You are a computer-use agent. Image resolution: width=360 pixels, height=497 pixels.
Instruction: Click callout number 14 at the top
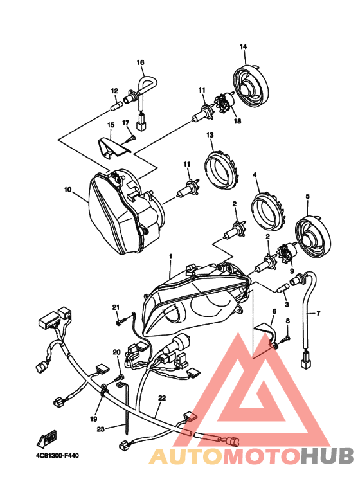[243, 46]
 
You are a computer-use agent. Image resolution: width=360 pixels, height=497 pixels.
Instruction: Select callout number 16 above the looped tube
[140, 62]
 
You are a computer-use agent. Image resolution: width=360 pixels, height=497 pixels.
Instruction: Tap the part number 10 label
[67, 190]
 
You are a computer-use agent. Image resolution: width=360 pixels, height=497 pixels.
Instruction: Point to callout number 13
[210, 135]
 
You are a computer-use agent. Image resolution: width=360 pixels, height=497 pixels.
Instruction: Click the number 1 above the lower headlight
[170, 256]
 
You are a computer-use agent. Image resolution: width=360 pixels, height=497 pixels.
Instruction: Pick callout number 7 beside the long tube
[318, 314]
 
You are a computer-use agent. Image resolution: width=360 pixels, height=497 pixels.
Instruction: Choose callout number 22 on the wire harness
[162, 398]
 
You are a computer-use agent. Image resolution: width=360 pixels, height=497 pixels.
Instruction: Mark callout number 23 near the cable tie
[100, 429]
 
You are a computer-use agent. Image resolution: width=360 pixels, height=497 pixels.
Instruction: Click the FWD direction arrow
[46, 438]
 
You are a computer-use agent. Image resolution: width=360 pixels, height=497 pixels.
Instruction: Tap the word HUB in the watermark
[327, 456]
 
